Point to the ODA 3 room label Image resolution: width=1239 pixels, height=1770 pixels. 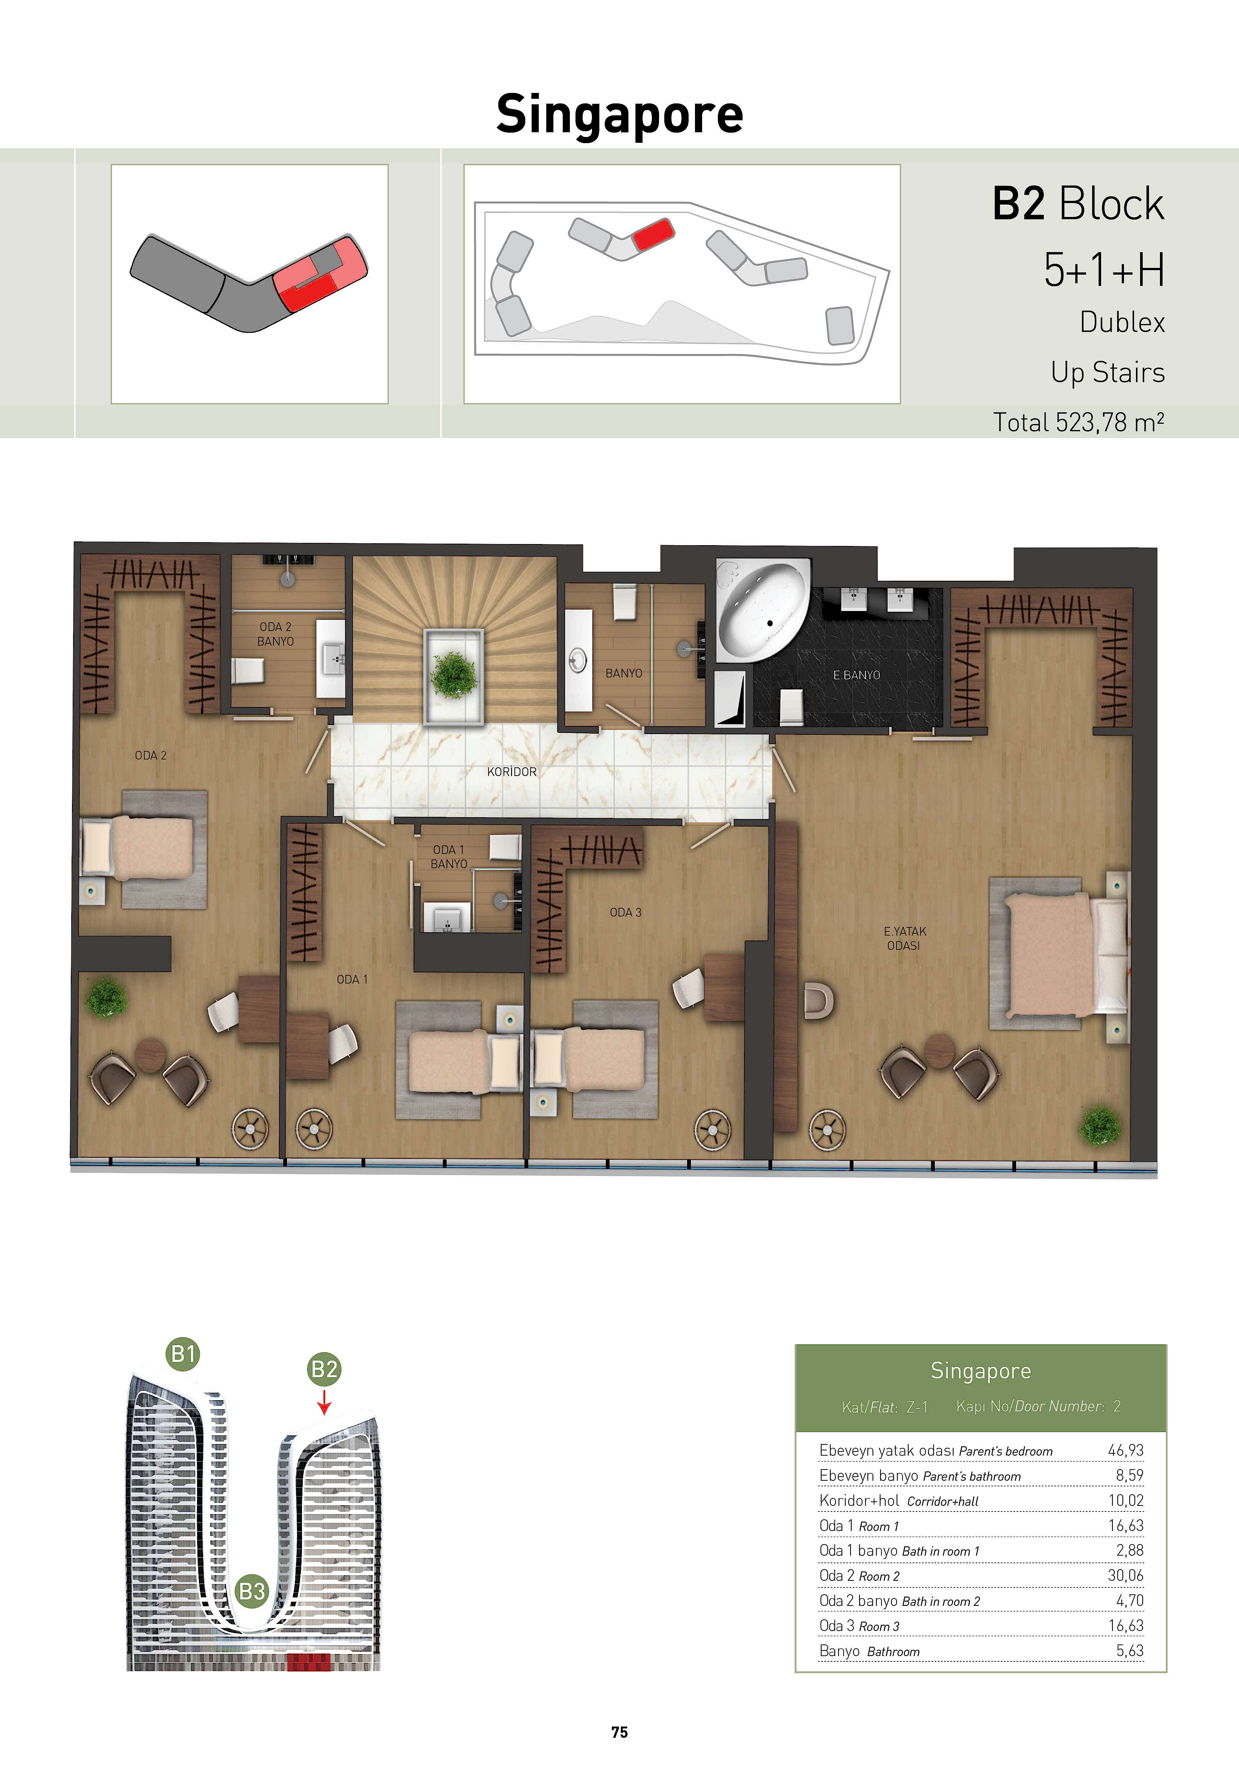[625, 912]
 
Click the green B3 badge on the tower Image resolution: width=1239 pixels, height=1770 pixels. [252, 1591]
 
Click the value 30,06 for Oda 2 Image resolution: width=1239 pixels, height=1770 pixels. [1125, 1575]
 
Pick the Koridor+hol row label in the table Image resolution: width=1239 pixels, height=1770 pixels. [898, 1500]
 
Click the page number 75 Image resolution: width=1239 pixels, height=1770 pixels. [619, 1732]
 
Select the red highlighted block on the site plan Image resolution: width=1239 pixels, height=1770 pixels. [653, 233]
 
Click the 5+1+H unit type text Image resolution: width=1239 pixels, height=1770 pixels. [1104, 270]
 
